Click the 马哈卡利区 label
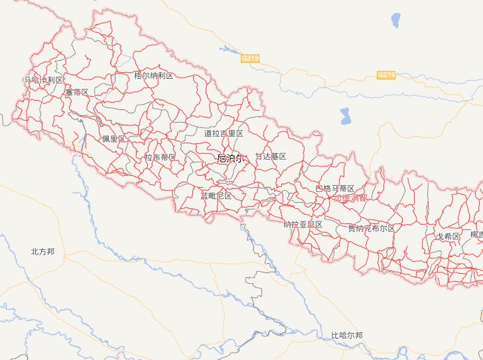(x=43, y=80)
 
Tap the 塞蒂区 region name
(x=76, y=92)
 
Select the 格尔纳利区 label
(x=153, y=76)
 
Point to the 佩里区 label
(x=113, y=139)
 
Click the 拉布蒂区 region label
(x=160, y=157)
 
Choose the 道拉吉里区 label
(x=224, y=133)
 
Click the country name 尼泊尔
(x=231, y=158)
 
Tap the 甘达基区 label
(x=271, y=156)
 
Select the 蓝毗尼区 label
(x=216, y=196)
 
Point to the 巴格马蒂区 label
(x=335, y=189)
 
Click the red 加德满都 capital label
(x=351, y=198)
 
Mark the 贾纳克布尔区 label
(x=371, y=228)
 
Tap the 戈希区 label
(x=448, y=236)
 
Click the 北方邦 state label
(x=42, y=251)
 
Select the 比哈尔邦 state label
(x=347, y=335)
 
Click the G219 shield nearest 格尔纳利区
(x=250, y=59)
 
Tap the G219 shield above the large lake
(x=386, y=75)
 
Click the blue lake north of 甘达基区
(x=346, y=117)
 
